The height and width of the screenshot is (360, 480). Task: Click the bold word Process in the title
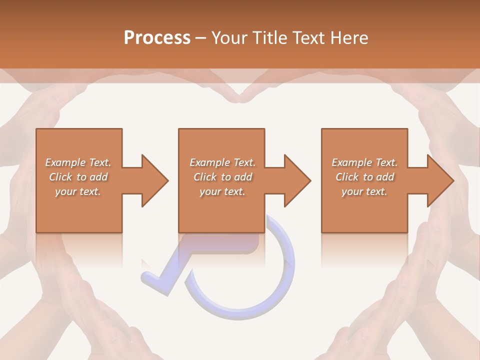[x=157, y=38]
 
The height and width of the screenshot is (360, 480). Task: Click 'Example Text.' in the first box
[x=78, y=162]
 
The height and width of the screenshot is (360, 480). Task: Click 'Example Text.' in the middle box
[x=222, y=162]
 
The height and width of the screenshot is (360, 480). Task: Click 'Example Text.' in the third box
[x=364, y=162]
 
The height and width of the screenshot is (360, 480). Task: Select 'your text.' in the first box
[x=78, y=192]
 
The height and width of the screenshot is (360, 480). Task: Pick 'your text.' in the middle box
[x=222, y=192]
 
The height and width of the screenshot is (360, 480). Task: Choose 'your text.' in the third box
[x=364, y=192]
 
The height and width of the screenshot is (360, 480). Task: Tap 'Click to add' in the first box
[x=78, y=177]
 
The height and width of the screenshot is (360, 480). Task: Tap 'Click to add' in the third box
[x=364, y=177]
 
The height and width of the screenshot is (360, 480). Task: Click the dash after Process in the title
[x=201, y=38]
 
